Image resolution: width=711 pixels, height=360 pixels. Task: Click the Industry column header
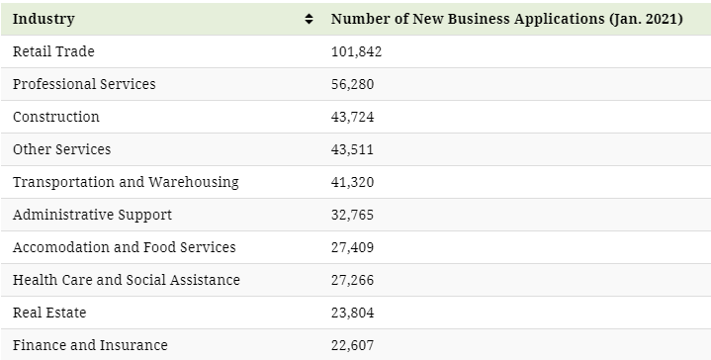point(44,19)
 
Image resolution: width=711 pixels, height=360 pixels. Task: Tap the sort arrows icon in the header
point(309,19)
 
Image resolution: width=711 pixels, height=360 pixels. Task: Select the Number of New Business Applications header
point(507,19)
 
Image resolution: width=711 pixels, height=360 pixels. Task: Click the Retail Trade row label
point(53,51)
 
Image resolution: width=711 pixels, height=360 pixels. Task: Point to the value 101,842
point(356,51)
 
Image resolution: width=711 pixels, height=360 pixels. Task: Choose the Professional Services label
point(84,84)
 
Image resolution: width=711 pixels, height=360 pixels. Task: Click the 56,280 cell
point(352,84)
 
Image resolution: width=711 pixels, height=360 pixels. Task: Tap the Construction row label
point(56,117)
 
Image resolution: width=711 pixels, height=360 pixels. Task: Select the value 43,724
point(352,117)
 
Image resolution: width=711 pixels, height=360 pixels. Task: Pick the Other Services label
point(61,149)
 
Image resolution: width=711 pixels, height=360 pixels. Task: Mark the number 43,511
point(352,149)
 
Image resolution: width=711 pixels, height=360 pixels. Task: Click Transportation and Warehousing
point(126,182)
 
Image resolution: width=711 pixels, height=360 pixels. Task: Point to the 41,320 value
point(352,182)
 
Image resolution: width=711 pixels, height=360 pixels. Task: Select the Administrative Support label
point(93,215)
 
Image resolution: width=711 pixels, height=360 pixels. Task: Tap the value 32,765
point(352,215)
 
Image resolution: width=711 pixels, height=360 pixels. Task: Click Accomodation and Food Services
point(125,247)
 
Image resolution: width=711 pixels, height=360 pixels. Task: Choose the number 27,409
point(352,247)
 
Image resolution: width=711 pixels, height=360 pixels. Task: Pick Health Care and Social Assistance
point(127,280)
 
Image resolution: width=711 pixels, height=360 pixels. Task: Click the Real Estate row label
point(49,313)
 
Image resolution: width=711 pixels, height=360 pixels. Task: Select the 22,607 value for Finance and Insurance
point(352,345)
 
